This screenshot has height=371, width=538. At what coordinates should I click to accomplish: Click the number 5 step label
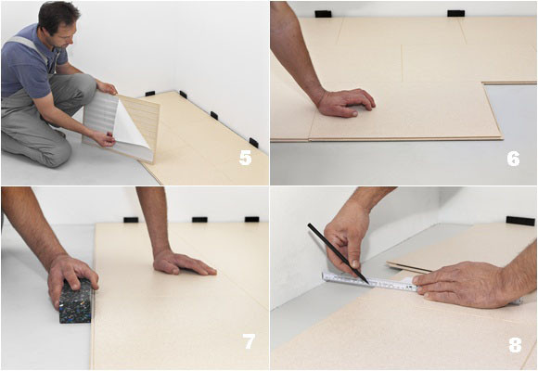(245, 158)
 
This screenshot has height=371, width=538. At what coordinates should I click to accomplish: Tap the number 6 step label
(513, 158)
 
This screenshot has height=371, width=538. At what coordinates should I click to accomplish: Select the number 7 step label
(249, 341)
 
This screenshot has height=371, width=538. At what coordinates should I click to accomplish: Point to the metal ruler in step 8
(371, 281)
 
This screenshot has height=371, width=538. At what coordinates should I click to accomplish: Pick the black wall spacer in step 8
(519, 221)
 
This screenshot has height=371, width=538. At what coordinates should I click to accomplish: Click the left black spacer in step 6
(323, 14)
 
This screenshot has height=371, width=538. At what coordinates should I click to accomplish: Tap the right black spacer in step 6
(455, 13)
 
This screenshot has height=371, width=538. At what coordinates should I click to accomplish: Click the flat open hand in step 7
(183, 262)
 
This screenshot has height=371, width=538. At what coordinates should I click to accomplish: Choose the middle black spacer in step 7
(199, 220)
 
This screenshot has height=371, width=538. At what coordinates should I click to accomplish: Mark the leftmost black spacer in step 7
(131, 220)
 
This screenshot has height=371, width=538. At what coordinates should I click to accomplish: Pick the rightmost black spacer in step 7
(251, 220)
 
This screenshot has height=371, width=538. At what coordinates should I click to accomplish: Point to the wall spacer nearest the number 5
(253, 143)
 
